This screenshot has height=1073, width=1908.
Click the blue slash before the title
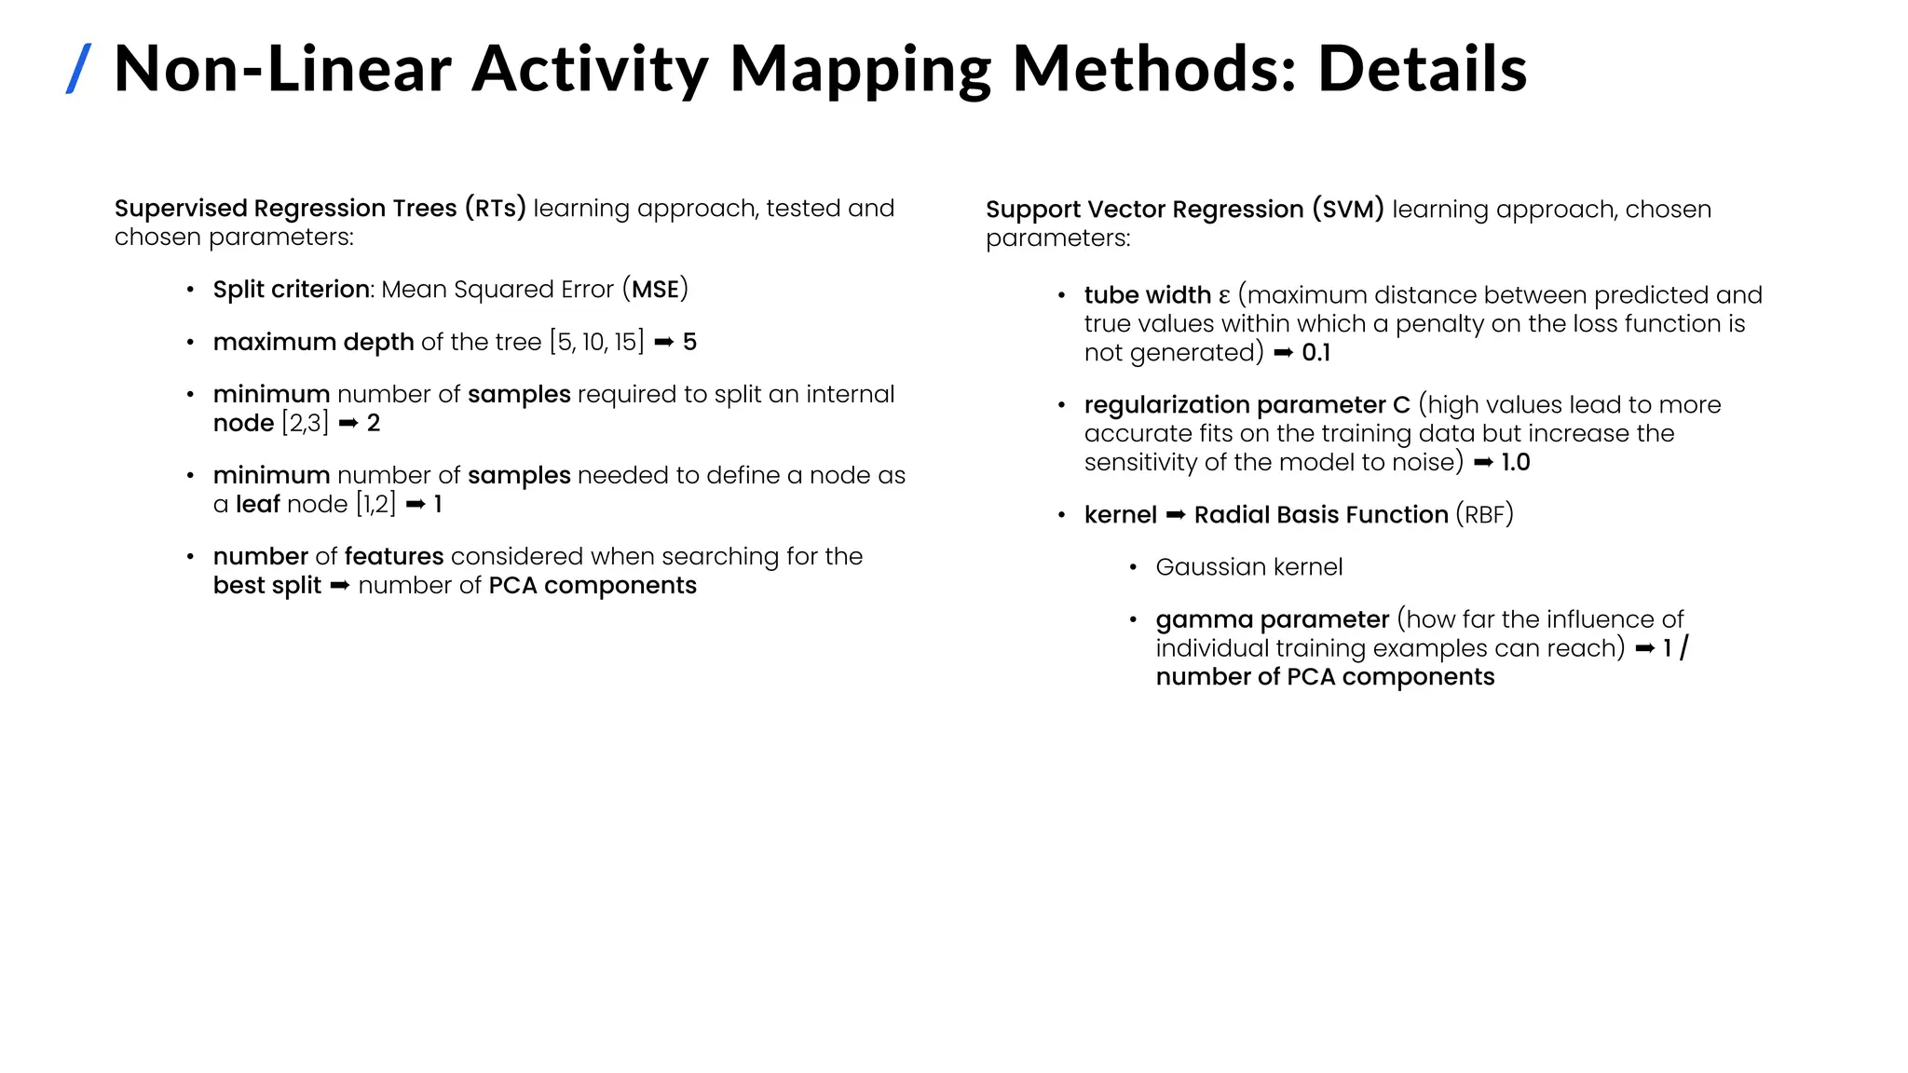coord(79,69)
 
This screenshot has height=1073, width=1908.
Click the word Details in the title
coord(1422,69)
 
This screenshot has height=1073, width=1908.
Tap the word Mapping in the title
coord(860,69)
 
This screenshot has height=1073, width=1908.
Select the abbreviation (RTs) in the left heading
coord(496,208)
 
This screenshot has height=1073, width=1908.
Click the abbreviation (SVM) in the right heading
coord(1347,209)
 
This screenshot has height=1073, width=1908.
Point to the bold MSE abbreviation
coord(656,290)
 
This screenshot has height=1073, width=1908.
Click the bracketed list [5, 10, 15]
coord(596,342)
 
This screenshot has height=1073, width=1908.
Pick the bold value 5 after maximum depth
coord(689,342)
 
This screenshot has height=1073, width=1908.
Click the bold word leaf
coord(258,504)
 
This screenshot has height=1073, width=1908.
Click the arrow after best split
coord(340,586)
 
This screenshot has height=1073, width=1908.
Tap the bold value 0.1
coord(1315,353)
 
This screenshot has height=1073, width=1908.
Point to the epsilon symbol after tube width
coord(1224,296)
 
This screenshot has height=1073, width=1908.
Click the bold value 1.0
coord(1516,463)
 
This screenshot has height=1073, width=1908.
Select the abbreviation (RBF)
coord(1485,515)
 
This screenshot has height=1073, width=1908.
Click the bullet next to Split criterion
coord(190,290)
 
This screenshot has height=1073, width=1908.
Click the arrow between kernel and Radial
coord(1176,515)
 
